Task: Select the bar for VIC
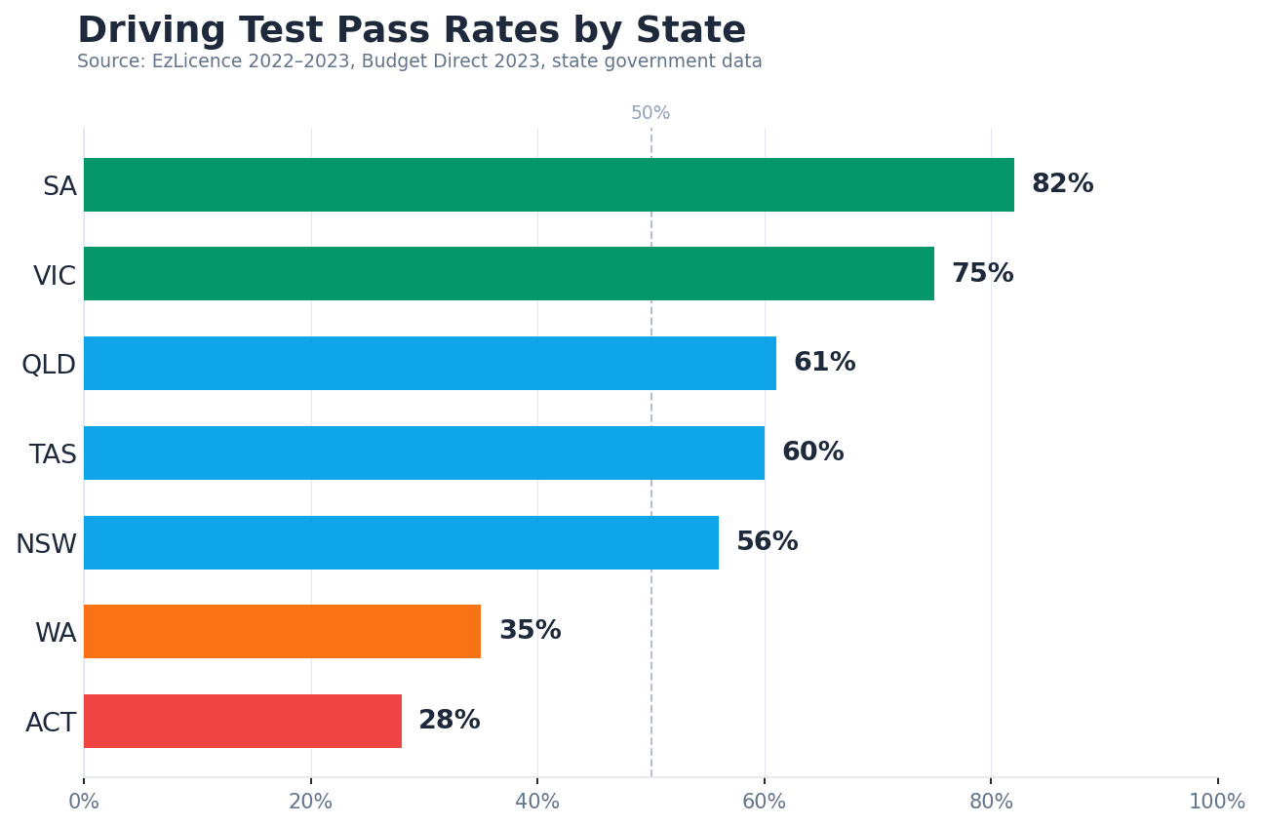coord(508,274)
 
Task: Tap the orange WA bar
coord(282,631)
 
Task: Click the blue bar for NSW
coord(401,542)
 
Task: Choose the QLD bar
coord(429,363)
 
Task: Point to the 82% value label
coord(1062,184)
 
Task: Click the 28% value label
coord(449,721)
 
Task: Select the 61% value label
coord(824,363)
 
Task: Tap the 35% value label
coord(530,631)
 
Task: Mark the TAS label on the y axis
coord(53,454)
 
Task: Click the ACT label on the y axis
coord(51,723)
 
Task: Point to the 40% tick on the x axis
coord(537,802)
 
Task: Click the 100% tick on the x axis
coord(1216,802)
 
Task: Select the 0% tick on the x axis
coord(84,802)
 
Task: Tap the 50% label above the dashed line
coord(650,113)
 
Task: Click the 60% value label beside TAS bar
coord(812,452)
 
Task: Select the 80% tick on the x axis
coord(991,802)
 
